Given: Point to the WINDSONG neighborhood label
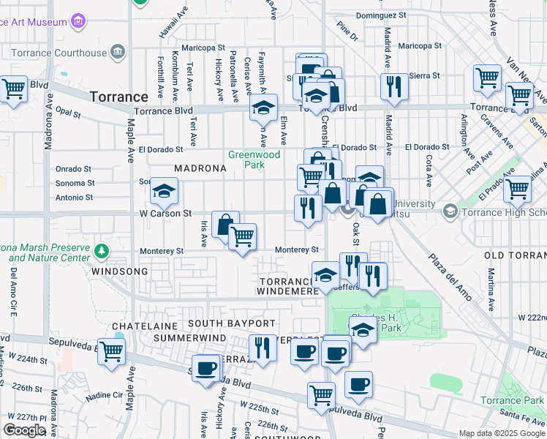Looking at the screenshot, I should click(x=119, y=271).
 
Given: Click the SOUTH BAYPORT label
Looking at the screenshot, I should click(x=231, y=323).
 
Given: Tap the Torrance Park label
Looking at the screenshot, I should click(x=513, y=400).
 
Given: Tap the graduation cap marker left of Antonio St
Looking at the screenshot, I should click(x=164, y=192).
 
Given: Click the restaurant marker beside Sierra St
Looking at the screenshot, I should click(x=394, y=86).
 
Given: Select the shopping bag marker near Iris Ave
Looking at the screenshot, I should click(x=225, y=224).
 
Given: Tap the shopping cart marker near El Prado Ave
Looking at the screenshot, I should click(x=517, y=188).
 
